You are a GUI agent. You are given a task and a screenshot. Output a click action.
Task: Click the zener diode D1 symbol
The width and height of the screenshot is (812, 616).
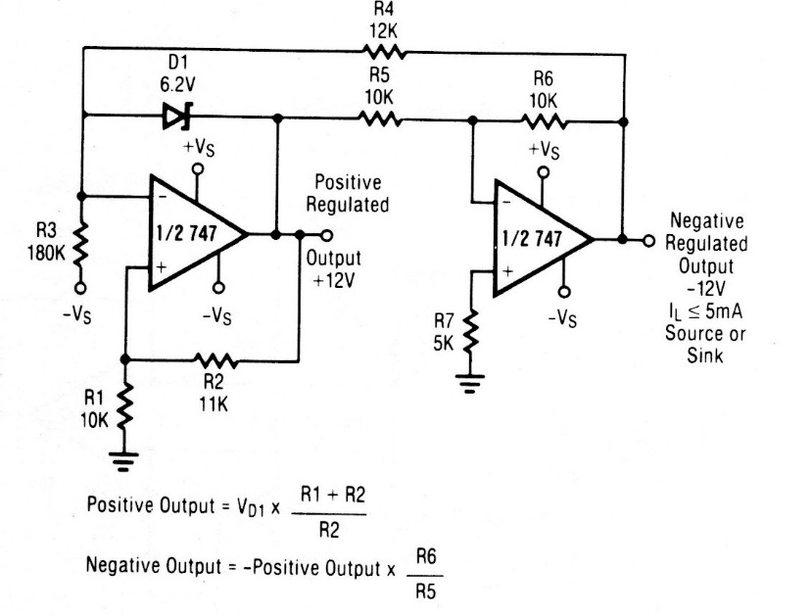click(176, 118)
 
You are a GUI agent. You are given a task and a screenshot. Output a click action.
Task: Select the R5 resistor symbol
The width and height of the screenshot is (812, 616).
click(381, 118)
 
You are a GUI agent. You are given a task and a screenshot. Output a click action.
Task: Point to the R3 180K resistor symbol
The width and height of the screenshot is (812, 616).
click(80, 245)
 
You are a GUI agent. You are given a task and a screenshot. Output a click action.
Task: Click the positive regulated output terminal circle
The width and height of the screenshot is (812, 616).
click(326, 235)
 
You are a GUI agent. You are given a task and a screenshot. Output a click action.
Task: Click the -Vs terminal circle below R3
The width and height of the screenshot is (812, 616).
click(80, 287)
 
